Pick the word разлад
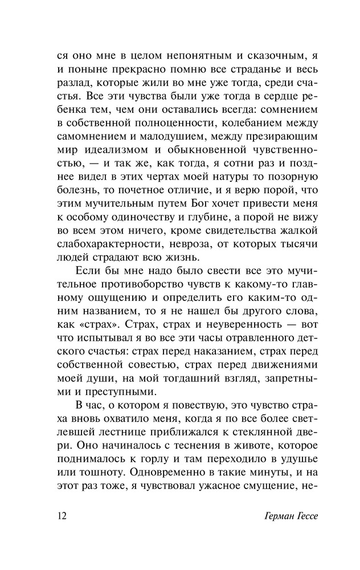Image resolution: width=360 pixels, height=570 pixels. click(76, 85)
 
